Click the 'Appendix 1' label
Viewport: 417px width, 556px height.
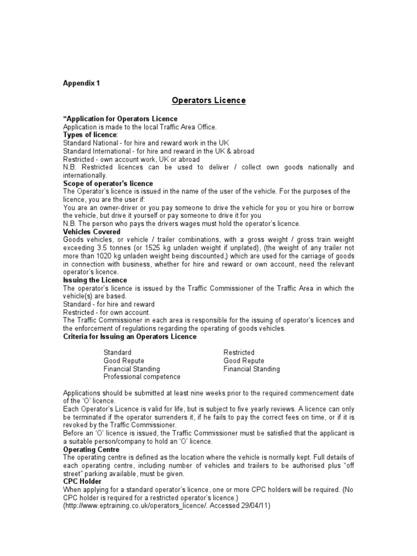81,83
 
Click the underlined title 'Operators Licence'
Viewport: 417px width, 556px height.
208,100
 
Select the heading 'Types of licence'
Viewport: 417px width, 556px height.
90,135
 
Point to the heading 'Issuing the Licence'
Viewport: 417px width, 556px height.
95,280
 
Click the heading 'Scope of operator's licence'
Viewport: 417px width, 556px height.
108,184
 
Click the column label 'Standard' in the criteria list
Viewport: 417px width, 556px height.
117,352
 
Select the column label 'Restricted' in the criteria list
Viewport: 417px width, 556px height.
239,352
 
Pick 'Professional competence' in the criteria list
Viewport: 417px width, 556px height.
142,377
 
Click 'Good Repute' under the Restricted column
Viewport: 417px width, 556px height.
244,361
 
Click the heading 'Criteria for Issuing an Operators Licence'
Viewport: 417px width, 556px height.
130,337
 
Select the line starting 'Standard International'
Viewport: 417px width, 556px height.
159,151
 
